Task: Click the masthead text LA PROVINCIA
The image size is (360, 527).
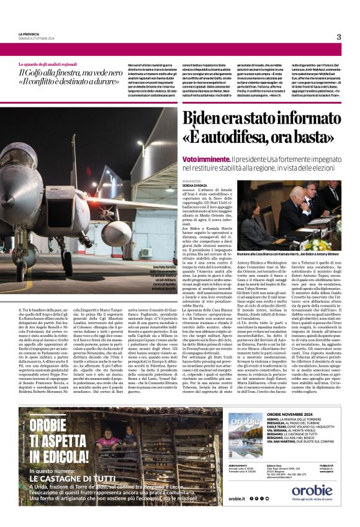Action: tap(29, 34)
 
